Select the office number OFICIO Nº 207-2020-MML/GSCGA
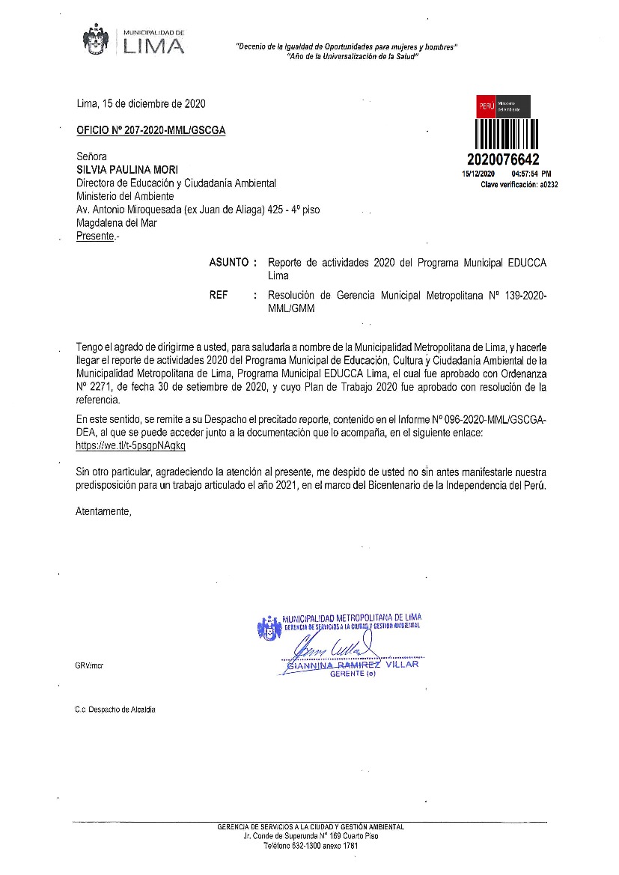click(x=150, y=129)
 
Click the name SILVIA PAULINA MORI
click(x=127, y=170)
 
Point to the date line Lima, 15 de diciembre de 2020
click(x=141, y=104)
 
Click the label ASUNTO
click(x=228, y=263)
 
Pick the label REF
click(x=219, y=296)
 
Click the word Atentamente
click(x=103, y=512)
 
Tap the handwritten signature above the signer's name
click(x=329, y=646)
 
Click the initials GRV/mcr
click(x=89, y=665)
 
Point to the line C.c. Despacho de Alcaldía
click(x=115, y=710)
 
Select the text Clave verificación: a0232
click(x=519, y=184)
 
